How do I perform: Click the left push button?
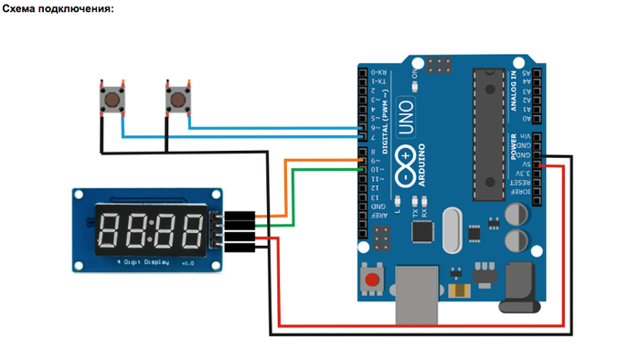(x=112, y=98)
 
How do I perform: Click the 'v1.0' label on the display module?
(x=187, y=262)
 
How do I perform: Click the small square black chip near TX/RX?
(x=422, y=232)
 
